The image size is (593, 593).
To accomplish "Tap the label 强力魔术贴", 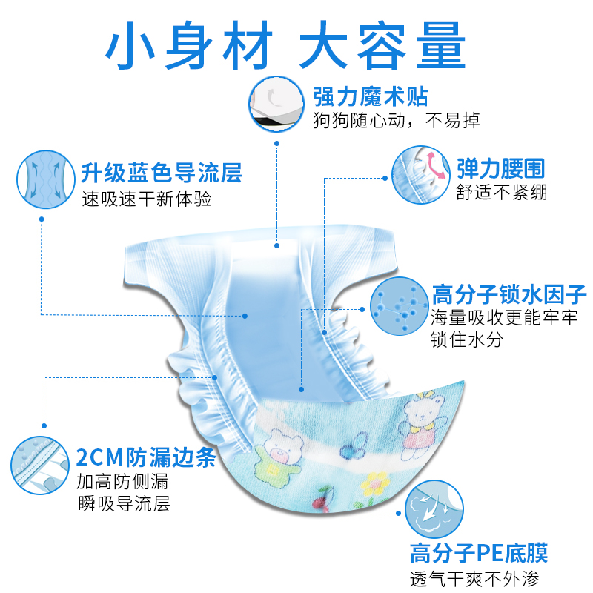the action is (x=371, y=96).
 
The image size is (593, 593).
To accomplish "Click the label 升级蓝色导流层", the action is (x=162, y=174).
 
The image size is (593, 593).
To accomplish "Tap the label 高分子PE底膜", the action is (x=478, y=553).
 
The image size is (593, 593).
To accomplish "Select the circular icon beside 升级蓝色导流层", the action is (x=45, y=180).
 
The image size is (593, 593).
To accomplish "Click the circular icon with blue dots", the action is (x=399, y=308).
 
